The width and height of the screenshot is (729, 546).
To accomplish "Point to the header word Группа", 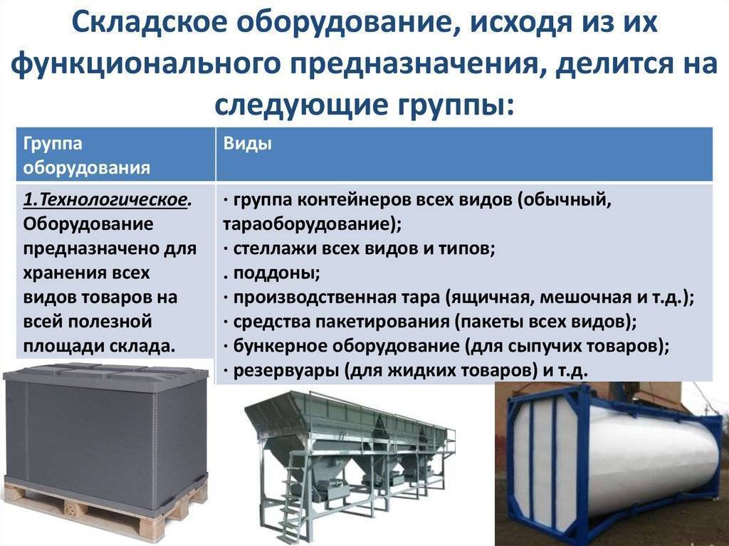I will pyautogui.click(x=53, y=144).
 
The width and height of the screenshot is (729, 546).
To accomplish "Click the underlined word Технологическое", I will pyautogui.click(x=112, y=199).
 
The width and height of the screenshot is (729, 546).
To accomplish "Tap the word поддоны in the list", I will pyautogui.click(x=276, y=273).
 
